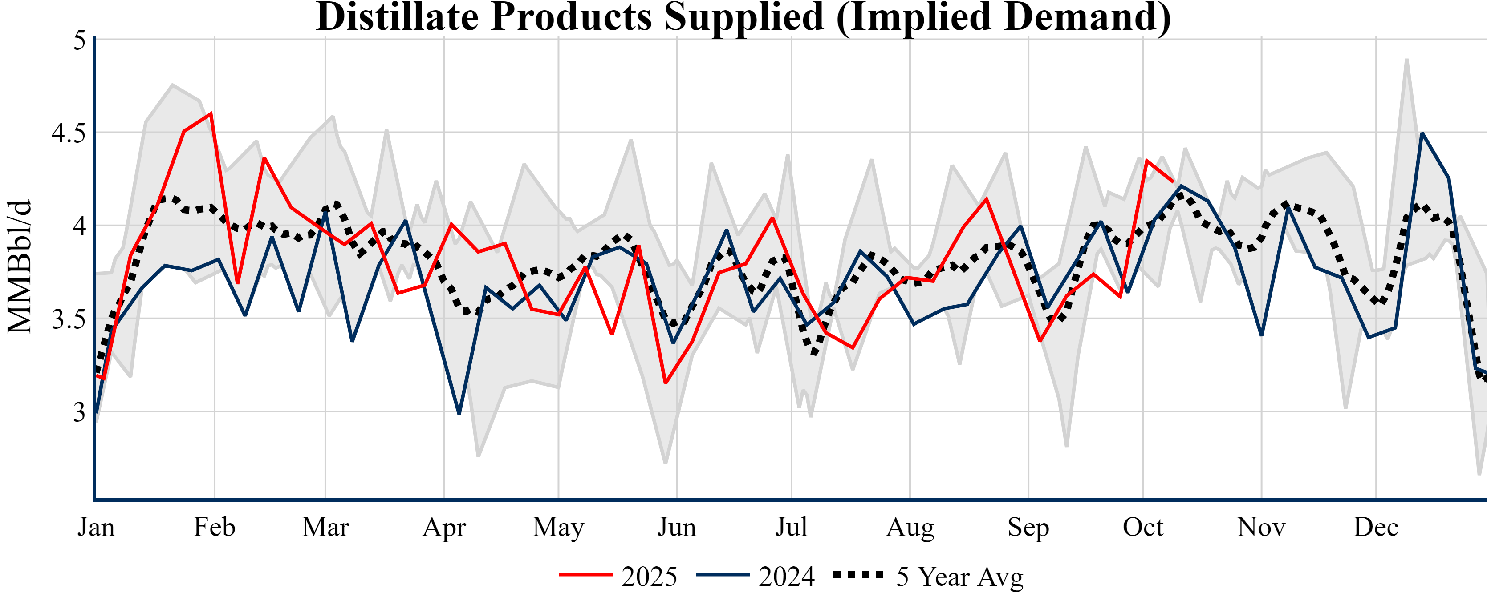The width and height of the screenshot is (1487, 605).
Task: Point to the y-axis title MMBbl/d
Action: (x=19, y=266)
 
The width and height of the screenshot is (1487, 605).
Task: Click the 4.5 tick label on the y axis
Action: (x=68, y=133)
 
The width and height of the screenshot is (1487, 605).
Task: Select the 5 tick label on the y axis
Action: (x=79, y=40)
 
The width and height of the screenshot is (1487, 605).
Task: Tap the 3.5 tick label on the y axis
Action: (x=68, y=319)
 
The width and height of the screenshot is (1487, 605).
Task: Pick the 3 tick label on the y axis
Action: (x=79, y=412)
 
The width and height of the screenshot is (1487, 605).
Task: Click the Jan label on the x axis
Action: (x=96, y=527)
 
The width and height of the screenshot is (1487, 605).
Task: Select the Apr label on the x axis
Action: (x=443, y=527)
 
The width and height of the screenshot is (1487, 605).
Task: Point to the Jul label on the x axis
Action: (x=791, y=527)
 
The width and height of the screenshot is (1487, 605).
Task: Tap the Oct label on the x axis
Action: (x=1142, y=527)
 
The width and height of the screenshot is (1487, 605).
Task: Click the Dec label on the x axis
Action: (x=1376, y=527)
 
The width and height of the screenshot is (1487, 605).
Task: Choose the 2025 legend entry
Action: (x=618, y=576)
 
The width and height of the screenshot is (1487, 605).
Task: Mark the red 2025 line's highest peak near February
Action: (x=211, y=113)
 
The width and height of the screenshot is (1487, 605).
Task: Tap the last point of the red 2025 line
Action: (x=1173, y=181)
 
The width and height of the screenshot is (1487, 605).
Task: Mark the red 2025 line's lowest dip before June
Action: (x=666, y=383)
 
